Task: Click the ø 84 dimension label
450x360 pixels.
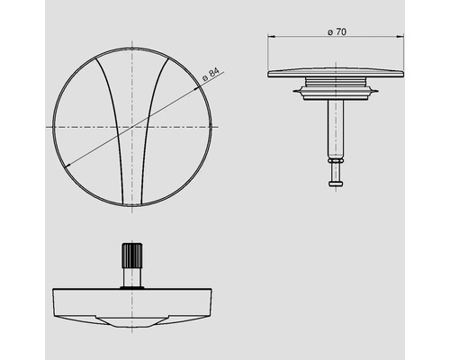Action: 210,78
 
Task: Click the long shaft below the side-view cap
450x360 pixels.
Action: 334,127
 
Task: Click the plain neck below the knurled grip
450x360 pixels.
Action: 133,281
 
